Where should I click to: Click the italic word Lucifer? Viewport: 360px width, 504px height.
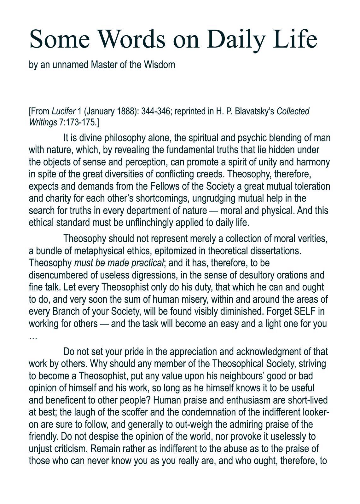click(x=64, y=111)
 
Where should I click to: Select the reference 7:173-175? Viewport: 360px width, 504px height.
click(x=78, y=123)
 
